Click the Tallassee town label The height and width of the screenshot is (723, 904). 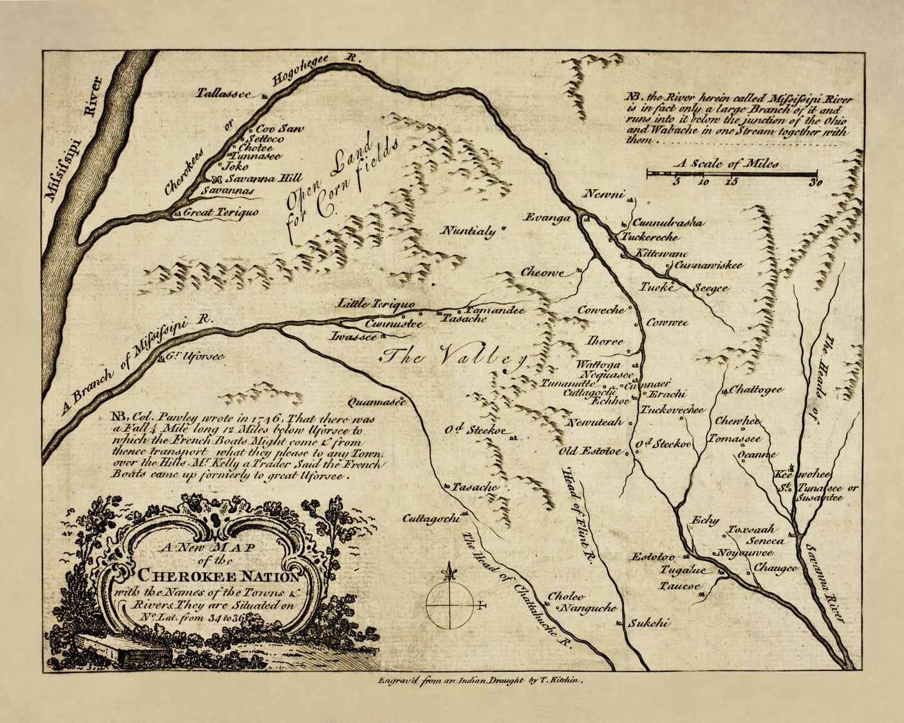click(223, 93)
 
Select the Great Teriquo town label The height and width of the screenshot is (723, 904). click(220, 213)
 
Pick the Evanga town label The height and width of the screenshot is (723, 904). click(547, 218)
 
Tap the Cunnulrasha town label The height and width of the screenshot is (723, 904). click(668, 223)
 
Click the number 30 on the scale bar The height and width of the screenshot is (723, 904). click(814, 183)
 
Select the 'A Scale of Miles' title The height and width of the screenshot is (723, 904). click(726, 163)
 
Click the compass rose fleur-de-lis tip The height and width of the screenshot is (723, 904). click(449, 570)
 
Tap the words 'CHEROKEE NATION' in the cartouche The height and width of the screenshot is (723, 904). click(218, 575)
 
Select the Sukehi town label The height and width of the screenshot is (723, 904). click(649, 623)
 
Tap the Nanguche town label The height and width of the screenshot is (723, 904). click(587, 608)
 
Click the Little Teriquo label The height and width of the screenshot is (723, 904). click(375, 304)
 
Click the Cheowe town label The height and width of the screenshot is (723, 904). click(542, 273)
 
